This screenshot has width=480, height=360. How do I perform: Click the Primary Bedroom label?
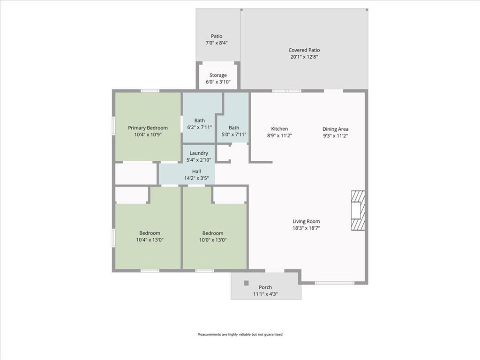148,128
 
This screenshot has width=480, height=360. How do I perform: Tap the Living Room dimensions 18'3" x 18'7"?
306,228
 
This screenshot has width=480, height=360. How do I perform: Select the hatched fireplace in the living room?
358,210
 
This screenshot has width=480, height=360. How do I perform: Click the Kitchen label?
279,129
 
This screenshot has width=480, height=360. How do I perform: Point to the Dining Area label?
335,129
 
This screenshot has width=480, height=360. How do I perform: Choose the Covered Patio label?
304,50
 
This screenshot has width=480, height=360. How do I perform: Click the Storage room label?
218,75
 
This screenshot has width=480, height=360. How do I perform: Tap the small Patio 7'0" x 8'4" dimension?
217,43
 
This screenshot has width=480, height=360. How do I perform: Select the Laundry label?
199,153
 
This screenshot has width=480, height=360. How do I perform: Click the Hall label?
196,172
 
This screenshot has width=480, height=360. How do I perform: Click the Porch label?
265,287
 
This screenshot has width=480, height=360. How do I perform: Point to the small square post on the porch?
246,283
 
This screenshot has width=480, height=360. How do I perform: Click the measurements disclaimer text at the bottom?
240,335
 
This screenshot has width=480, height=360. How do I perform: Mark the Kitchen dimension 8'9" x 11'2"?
279,135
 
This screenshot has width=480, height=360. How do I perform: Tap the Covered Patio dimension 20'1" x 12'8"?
304,57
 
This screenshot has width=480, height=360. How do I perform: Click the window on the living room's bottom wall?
334,283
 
